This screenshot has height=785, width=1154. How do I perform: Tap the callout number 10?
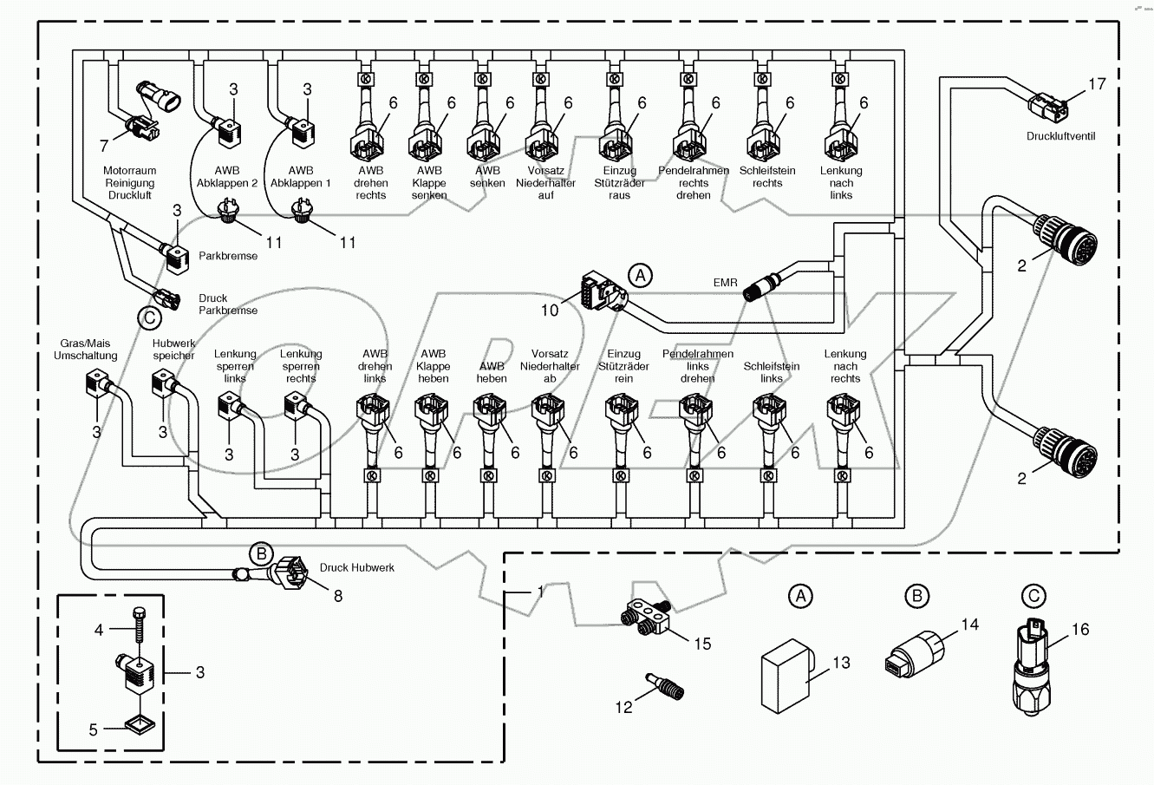551,309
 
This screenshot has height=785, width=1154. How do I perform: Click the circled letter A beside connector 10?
639,276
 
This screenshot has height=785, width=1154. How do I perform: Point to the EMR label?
726,283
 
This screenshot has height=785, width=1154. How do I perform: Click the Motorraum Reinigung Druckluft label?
128,183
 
